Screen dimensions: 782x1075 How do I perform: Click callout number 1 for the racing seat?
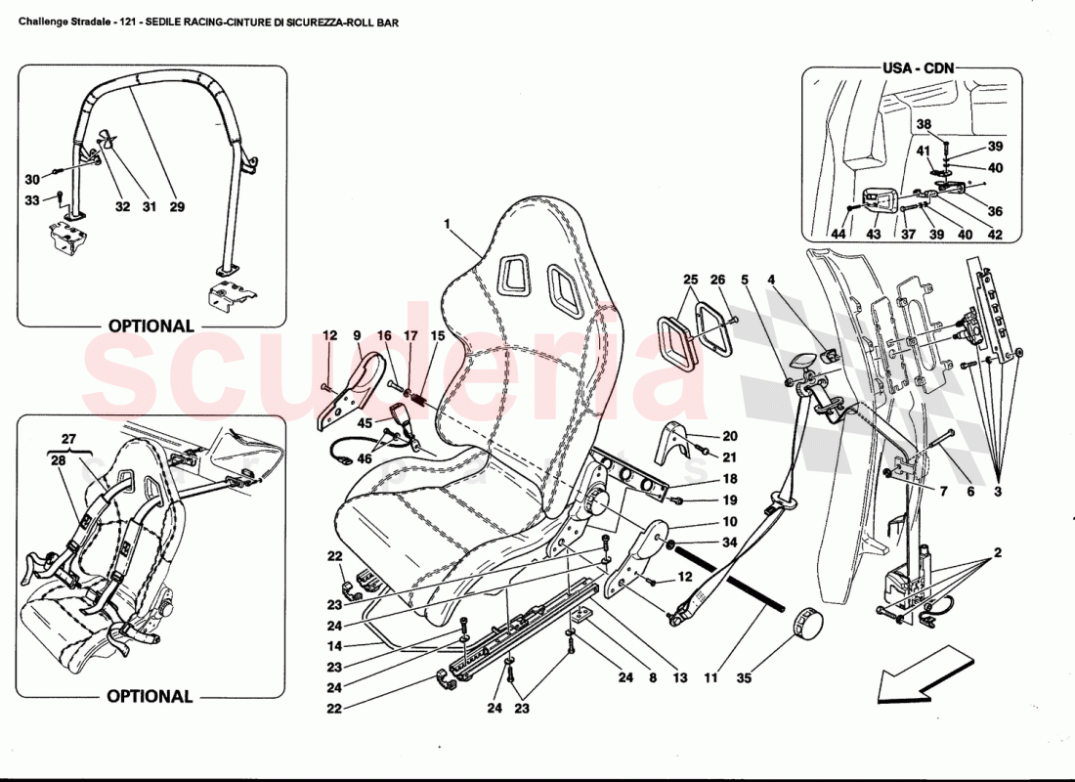[447, 224]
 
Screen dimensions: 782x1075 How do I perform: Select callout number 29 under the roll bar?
[177, 207]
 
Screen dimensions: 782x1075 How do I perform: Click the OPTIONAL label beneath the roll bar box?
[150, 326]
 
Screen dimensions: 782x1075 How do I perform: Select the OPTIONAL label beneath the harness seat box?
[150, 697]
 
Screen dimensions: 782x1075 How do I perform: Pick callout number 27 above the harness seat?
[67, 440]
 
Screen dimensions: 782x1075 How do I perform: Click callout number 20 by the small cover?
[730, 437]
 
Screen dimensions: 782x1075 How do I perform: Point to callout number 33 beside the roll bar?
[32, 200]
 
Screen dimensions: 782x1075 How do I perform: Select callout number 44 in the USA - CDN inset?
[838, 234]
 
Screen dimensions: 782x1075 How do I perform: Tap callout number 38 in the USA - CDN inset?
[924, 124]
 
